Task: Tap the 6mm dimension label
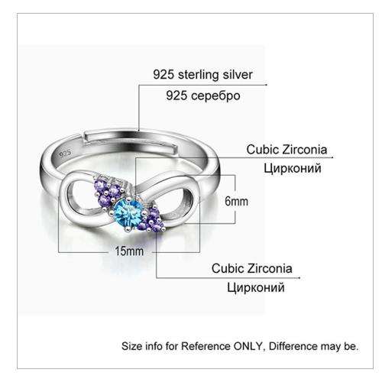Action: coord(236,202)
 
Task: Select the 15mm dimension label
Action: coord(129,251)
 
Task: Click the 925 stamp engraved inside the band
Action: coord(65,154)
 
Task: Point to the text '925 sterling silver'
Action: coord(202,75)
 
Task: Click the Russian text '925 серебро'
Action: coord(203,95)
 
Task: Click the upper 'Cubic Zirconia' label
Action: coord(286,149)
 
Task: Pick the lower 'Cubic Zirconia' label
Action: coord(252,268)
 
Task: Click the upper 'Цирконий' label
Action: coord(293,169)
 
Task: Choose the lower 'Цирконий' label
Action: coord(256,288)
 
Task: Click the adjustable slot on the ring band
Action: coord(130,141)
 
